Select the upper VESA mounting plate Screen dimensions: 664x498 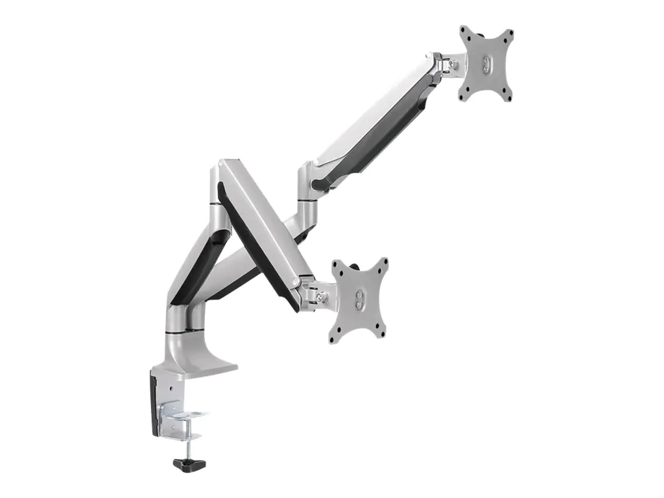pos(486,64)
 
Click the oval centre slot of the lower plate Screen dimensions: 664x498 pos(360,299)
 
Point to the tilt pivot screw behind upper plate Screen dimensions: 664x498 pos(455,64)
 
